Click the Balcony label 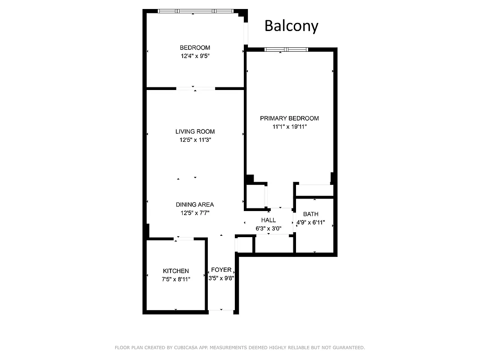click(291, 26)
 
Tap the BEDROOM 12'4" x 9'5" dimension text click(195, 56)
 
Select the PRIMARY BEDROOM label click(289, 118)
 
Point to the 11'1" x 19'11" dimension click(289, 126)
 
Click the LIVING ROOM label click(195, 131)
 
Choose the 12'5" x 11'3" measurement click(195, 139)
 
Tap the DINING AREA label click(195, 204)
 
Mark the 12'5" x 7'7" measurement click(195, 212)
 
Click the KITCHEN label click(175, 271)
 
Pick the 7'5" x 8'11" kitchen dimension click(175, 279)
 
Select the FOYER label click(221, 270)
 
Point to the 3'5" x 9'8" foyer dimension click(221, 278)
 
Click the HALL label click(269, 220)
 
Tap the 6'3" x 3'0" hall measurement click(269, 228)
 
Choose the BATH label click(310, 214)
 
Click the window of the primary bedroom click(286, 49)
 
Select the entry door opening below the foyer click(221, 311)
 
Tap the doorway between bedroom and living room click(195, 89)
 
